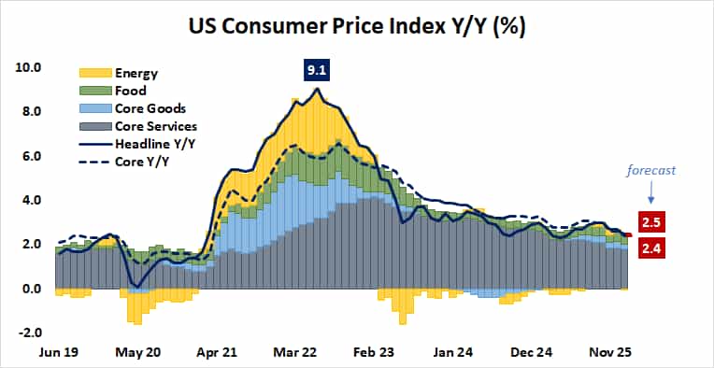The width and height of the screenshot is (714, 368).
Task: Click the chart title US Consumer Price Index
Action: point(356,26)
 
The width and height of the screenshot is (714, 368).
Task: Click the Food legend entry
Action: point(131,91)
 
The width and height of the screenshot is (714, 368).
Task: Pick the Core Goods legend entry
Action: point(148,108)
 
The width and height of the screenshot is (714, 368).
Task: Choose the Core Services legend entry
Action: point(154,126)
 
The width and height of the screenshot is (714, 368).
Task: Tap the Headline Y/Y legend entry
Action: point(153,143)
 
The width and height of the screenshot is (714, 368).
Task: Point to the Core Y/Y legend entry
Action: point(140,161)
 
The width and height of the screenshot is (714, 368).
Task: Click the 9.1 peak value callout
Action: point(315,70)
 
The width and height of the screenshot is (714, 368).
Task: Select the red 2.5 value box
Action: point(651,222)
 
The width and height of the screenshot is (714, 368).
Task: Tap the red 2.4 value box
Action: point(651,248)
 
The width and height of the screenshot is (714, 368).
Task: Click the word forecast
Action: point(650,171)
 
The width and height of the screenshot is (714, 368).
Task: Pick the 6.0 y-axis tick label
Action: point(31,156)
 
